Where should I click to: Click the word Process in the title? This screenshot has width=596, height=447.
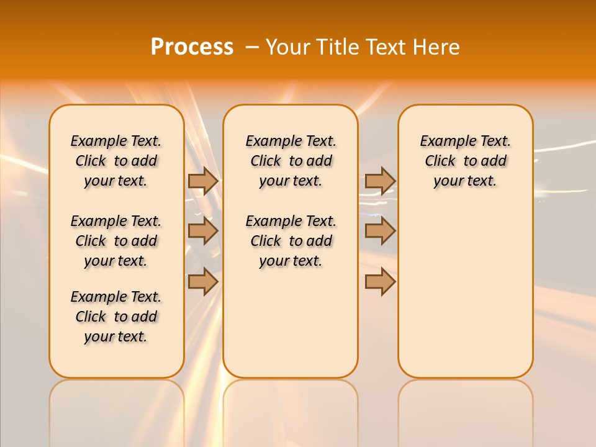[192, 47]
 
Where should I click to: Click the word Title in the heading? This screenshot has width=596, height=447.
[335, 47]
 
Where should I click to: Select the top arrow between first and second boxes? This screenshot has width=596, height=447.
[203, 181]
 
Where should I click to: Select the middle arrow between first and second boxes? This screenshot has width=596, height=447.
[203, 231]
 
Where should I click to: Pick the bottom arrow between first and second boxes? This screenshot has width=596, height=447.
[203, 281]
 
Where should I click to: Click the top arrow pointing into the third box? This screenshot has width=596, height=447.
[380, 181]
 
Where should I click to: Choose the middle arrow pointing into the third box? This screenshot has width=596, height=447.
[380, 231]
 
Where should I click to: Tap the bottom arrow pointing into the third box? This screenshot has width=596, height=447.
[380, 281]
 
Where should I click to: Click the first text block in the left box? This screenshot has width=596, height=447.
[116, 161]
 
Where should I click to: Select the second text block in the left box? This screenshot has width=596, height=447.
[116, 241]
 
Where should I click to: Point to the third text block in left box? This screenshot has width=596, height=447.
[116, 317]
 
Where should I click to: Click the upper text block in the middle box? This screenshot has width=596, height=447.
[291, 161]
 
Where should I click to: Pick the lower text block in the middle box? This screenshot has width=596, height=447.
[291, 241]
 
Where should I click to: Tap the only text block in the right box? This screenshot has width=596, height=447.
[465, 161]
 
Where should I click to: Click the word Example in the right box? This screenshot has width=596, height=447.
[443, 142]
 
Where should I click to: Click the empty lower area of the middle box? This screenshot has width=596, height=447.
[291, 323]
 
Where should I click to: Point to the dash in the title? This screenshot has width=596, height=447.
[252, 47]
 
